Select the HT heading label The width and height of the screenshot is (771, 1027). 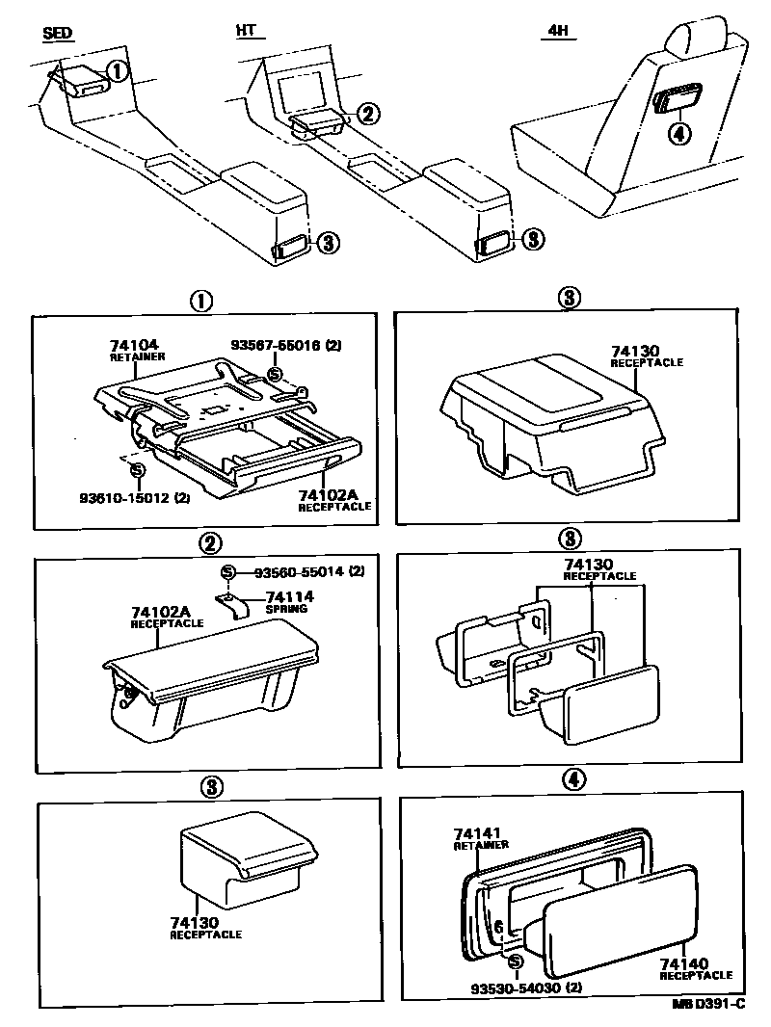(x=246, y=32)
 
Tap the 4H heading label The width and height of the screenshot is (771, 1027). (x=558, y=32)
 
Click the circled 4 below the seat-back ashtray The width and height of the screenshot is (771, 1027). (x=678, y=134)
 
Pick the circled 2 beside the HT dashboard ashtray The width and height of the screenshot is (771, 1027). (x=367, y=114)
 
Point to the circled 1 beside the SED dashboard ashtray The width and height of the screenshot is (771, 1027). (x=116, y=70)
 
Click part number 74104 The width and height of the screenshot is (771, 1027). (x=134, y=344)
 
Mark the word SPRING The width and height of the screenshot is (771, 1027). (x=286, y=609)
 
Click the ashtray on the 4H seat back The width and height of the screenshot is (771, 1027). (x=679, y=99)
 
